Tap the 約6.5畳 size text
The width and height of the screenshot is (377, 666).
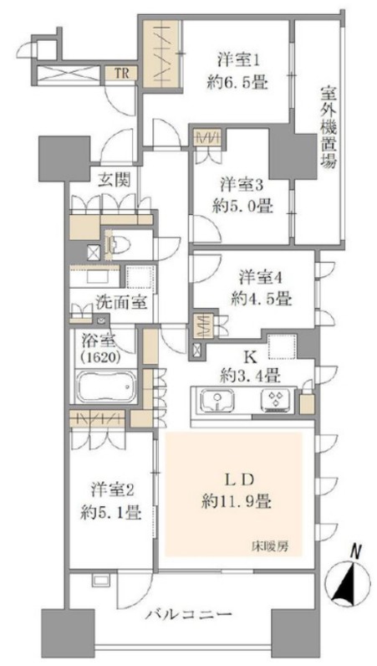237,82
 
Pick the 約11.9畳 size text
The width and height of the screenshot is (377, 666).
237,503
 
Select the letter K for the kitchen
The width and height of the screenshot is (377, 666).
250,357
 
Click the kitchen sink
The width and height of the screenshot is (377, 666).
217,401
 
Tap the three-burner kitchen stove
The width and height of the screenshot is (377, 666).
277,401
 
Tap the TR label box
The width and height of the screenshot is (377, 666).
121,74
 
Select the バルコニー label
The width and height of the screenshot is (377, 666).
190,614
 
